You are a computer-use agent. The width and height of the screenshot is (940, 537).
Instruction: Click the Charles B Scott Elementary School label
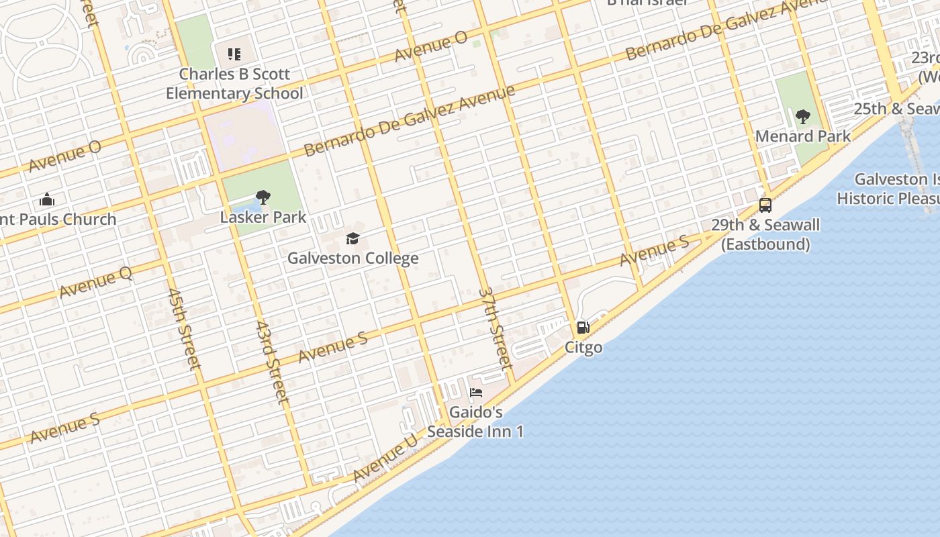click(x=234, y=83)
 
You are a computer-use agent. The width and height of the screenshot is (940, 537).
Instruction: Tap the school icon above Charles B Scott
click(x=234, y=54)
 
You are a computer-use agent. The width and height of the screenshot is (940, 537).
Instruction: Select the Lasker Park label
click(x=263, y=217)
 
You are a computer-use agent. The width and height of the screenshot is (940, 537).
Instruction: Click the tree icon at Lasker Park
click(x=263, y=197)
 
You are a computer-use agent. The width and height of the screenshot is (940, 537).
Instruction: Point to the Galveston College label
click(x=353, y=258)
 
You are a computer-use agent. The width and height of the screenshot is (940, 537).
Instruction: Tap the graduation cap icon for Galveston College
click(x=353, y=238)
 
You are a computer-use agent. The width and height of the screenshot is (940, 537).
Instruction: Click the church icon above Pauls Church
click(x=47, y=199)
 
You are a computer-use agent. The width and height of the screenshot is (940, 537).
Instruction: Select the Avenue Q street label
click(x=95, y=281)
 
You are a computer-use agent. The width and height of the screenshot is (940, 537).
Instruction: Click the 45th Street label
click(x=184, y=330)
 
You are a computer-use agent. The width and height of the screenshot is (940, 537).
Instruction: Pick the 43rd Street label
click(x=272, y=362)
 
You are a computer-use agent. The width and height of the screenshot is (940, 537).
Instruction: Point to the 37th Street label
click(x=496, y=329)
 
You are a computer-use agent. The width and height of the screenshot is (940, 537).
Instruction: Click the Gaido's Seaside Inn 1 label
click(x=475, y=422)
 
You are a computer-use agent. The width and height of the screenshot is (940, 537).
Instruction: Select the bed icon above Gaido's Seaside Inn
click(x=476, y=393)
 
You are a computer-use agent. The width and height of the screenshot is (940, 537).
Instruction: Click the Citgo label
click(x=583, y=348)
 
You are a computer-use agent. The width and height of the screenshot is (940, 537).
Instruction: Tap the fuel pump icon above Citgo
click(x=583, y=328)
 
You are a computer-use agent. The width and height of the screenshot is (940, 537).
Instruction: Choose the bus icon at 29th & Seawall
click(x=765, y=205)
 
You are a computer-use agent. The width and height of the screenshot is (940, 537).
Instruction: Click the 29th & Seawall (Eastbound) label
click(x=765, y=234)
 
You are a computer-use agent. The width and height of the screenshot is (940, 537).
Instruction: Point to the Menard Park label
click(x=803, y=136)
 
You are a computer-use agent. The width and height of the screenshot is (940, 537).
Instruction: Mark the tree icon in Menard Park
click(x=803, y=117)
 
